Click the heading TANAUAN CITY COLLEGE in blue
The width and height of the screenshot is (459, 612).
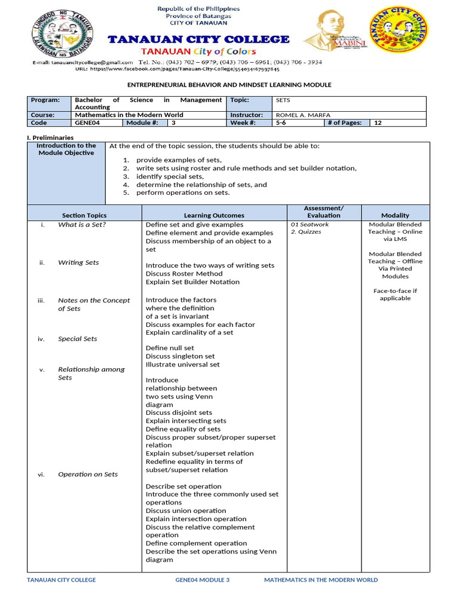pyautogui.click(x=198, y=39)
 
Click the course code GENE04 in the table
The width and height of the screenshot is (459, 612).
pyautogui.click(x=87, y=123)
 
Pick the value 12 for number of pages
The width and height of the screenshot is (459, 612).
pyautogui.click(x=378, y=123)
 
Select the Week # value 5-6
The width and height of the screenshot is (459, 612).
pyautogui.click(x=281, y=123)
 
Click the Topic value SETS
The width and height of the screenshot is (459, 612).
pyautogui.click(x=283, y=100)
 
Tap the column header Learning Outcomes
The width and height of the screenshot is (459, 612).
pyautogui.click(x=214, y=215)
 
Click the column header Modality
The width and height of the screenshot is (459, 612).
pyautogui.click(x=395, y=215)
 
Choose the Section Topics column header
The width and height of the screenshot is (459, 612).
pyautogui.click(x=84, y=215)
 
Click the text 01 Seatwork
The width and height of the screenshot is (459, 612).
pyautogui.click(x=310, y=225)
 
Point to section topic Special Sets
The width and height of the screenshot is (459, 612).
pyautogui.click(x=77, y=339)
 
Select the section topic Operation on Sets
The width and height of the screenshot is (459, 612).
pyautogui.click(x=87, y=475)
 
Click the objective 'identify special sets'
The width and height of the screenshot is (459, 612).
pyautogui.click(x=170, y=177)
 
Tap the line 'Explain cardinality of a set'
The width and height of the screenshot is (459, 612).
pyautogui.click(x=189, y=333)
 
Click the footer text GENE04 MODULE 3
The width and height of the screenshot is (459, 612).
pyautogui.click(x=202, y=580)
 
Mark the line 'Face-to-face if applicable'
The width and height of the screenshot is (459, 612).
pyautogui.click(x=395, y=295)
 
